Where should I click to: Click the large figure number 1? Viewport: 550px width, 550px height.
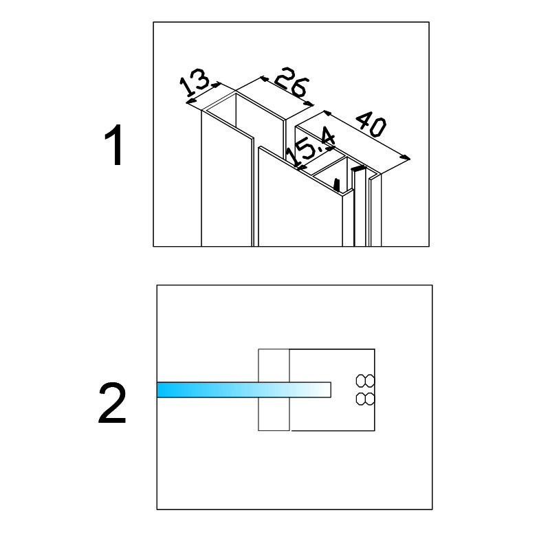[113, 144]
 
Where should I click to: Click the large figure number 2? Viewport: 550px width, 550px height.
[112, 404]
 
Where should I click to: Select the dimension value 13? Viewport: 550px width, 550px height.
[194, 82]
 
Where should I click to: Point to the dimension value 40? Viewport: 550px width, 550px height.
[371, 124]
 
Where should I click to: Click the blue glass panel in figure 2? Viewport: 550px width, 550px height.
[244, 390]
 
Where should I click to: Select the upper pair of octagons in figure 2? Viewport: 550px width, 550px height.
[365, 381]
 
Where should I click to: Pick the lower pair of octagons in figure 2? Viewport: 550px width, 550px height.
[365, 399]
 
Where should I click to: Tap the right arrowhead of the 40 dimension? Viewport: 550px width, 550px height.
[406, 157]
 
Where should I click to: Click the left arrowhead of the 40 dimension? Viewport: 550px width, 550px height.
[327, 113]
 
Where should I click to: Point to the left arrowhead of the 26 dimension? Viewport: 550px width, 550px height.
[264, 78]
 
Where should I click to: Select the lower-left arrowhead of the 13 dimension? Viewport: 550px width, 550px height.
[190, 101]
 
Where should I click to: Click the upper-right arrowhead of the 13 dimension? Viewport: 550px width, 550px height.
[216, 85]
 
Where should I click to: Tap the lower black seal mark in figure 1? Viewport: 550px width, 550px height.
[337, 185]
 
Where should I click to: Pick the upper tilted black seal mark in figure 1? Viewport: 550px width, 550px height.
[358, 168]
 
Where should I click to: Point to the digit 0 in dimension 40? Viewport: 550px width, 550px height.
[377, 128]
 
